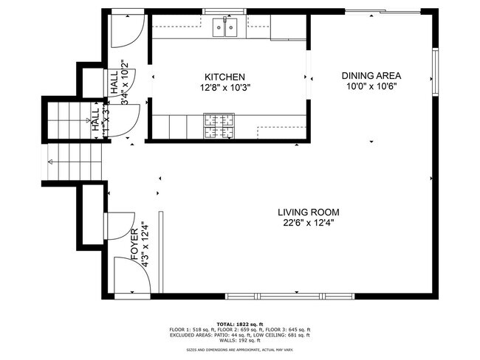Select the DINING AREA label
pyautogui.click(x=371, y=75)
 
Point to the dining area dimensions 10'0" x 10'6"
pyautogui.click(x=371, y=86)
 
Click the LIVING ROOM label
pyautogui.click(x=309, y=212)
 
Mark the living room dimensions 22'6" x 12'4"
pyautogui.click(x=309, y=223)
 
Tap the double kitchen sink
pyautogui.click(x=226, y=28)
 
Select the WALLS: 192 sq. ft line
pyautogui.click(x=239, y=340)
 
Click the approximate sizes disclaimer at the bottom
pyautogui.click(x=239, y=350)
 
